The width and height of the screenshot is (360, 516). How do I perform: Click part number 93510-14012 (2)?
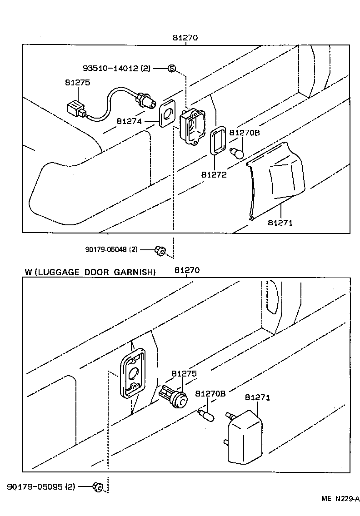(117, 69)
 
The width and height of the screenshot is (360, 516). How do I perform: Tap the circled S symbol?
(171, 69)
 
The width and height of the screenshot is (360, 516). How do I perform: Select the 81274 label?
(129, 121)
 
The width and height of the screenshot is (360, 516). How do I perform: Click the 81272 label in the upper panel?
(214, 174)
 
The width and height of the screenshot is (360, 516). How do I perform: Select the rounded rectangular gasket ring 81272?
(218, 141)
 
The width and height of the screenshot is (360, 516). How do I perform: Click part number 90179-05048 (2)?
(111, 249)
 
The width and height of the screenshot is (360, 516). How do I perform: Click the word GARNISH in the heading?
(135, 273)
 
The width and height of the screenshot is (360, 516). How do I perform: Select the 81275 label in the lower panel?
(184, 373)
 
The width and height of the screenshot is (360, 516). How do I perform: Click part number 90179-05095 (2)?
(41, 487)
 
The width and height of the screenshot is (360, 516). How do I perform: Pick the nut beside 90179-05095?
(98, 487)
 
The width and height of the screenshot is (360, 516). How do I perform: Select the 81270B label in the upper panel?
(244, 133)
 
